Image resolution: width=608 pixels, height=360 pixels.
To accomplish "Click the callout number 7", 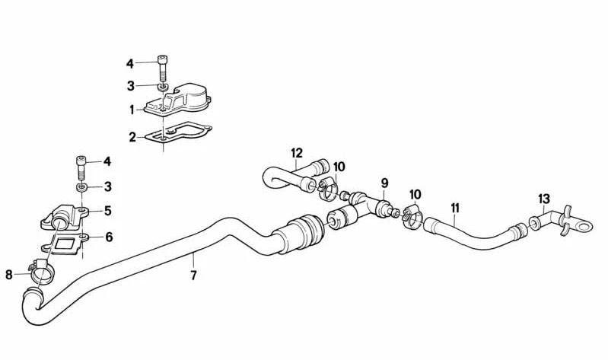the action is (x=193, y=275).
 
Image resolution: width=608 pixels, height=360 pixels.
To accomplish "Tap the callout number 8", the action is (x=9, y=275).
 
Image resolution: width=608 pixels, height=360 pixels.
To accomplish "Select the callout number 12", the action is (x=297, y=153).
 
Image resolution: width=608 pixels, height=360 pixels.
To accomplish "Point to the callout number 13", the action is (x=544, y=199).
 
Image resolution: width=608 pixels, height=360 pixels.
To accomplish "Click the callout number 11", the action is (x=455, y=209).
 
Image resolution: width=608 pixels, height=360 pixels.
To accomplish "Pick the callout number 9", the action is (x=384, y=183).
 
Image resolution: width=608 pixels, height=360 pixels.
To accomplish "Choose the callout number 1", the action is (x=132, y=110).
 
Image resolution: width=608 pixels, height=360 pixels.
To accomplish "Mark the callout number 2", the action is (x=132, y=137).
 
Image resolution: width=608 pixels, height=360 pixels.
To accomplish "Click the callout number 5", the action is (x=108, y=211).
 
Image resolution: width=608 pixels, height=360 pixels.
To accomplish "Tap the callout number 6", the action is (x=109, y=237).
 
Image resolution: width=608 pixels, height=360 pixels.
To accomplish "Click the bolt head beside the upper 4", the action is (x=163, y=59).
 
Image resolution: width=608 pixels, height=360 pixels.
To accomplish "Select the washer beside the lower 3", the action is (x=81, y=188).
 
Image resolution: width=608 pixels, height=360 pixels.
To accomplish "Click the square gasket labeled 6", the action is (x=65, y=245).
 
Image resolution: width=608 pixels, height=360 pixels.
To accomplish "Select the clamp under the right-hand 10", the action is (x=412, y=217).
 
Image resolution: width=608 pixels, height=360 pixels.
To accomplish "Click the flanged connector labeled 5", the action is (x=65, y=218).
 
